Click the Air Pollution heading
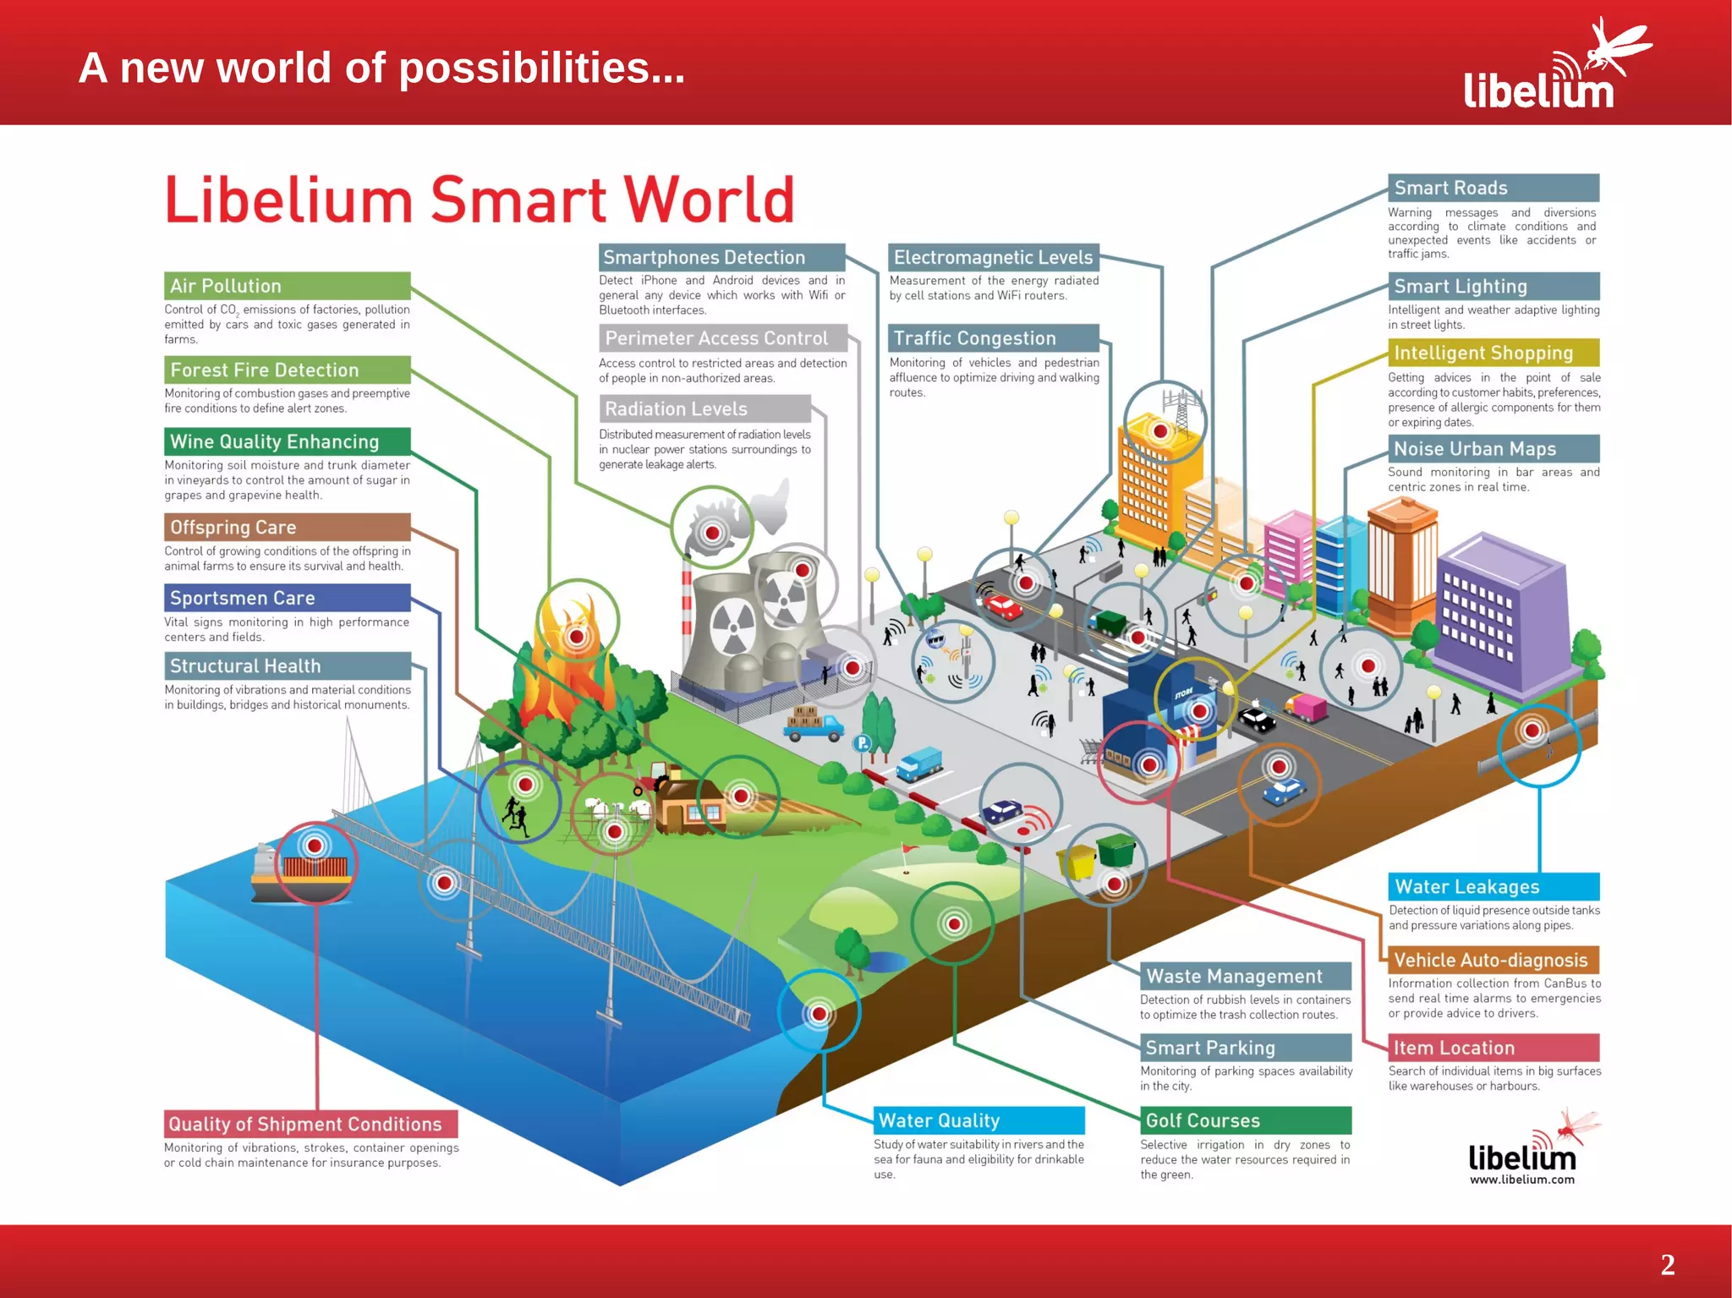point(226,286)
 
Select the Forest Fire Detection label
point(264,370)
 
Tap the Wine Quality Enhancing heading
point(274,441)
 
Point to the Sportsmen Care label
point(243,598)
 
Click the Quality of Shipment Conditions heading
point(305,1124)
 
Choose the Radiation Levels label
point(676,409)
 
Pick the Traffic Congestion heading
point(974,338)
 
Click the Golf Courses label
point(1203,1120)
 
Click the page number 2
point(1667,1264)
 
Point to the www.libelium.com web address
point(1521,1180)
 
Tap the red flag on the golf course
point(910,848)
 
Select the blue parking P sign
point(862,743)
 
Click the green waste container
point(1116,848)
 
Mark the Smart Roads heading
point(1450,188)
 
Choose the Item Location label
point(1454,1048)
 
